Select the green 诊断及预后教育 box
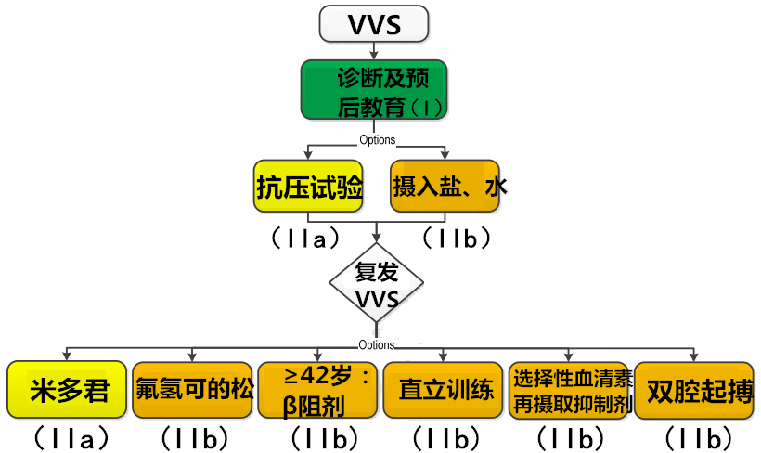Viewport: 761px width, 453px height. [x=374, y=90]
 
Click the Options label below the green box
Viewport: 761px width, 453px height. [x=377, y=140]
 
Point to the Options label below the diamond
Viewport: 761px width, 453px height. [x=377, y=344]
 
